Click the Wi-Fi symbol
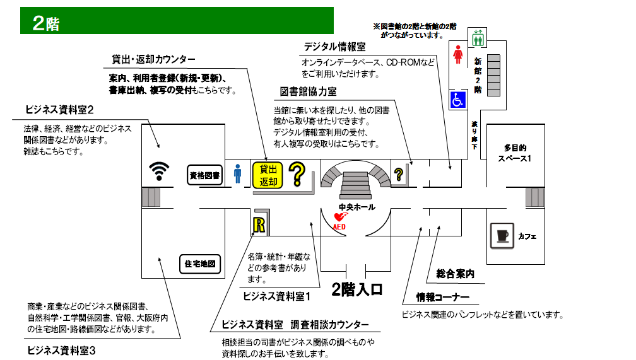160,171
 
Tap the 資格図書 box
205,176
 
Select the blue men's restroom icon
238,173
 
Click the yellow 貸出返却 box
268,175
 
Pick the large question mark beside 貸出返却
297,173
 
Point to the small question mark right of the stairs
399,175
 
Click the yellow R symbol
259,224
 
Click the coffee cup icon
502,236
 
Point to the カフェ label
527,236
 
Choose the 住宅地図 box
202,265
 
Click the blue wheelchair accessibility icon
457,99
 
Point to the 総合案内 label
455,274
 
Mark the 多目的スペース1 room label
514,153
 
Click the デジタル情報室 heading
334,47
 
